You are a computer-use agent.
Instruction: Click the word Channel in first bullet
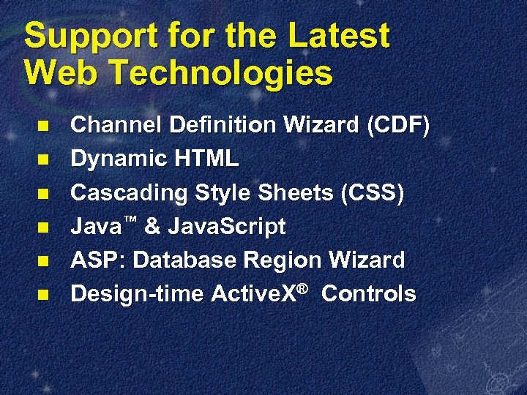click(117, 126)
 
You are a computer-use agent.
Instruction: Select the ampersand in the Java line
click(152, 227)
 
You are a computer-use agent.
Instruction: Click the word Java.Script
click(227, 227)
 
